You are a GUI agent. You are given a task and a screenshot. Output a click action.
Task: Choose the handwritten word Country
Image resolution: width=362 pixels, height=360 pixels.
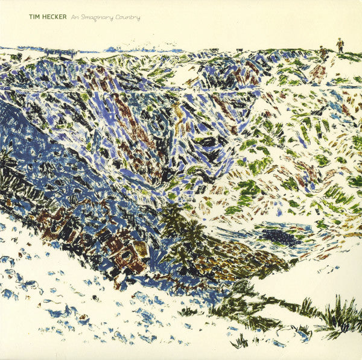(130, 17)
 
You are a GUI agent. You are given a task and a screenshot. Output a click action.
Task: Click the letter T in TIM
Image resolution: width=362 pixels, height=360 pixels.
(31, 17)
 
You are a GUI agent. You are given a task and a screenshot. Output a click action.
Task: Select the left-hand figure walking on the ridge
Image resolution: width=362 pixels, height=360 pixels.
(324, 53)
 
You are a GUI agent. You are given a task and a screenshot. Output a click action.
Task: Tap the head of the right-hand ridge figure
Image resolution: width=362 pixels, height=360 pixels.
(340, 40)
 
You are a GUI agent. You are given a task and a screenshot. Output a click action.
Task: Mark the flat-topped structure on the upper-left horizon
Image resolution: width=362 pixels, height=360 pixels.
(60, 52)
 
